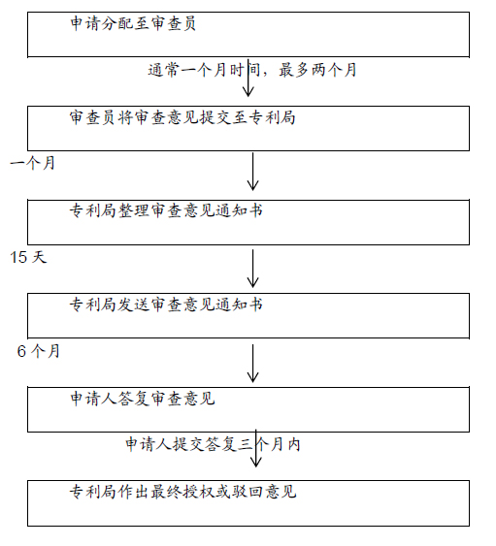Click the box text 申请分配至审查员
click(133, 23)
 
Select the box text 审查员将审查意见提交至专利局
click(182, 117)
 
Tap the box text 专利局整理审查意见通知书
click(166, 210)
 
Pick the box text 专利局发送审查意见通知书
click(166, 305)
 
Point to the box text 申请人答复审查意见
click(143, 399)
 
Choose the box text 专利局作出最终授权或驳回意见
click(182, 492)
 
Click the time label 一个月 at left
click(32, 163)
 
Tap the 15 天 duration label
click(28, 257)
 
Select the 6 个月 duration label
click(39, 351)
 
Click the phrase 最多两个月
click(317, 70)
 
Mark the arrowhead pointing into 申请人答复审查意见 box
click(252, 377)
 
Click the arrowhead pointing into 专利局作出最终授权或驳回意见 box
click(256, 462)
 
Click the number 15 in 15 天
click(18, 257)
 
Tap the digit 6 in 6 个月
click(21, 351)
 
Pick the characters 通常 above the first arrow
click(163, 70)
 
